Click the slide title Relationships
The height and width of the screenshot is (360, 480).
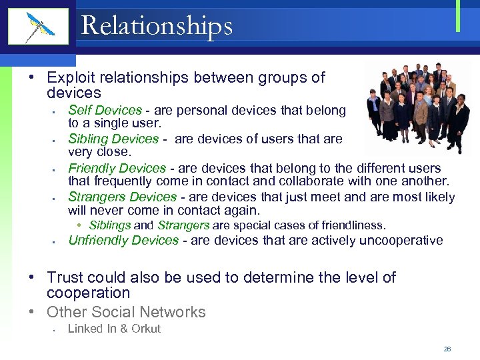(157, 26)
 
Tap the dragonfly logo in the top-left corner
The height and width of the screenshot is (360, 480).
(38, 27)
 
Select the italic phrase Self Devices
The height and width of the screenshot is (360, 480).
(105, 111)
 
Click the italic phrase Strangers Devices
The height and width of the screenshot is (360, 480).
(122, 197)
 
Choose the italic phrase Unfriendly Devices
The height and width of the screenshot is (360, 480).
(123, 240)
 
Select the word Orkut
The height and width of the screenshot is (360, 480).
(146, 328)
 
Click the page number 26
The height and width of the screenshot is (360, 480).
(447, 349)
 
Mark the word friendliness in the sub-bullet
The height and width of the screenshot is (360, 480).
(355, 225)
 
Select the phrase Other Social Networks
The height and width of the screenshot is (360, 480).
(126, 311)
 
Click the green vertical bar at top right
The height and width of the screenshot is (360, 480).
(458, 16)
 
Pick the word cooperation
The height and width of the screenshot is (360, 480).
(88, 293)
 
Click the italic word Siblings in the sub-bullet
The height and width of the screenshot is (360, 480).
(109, 225)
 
